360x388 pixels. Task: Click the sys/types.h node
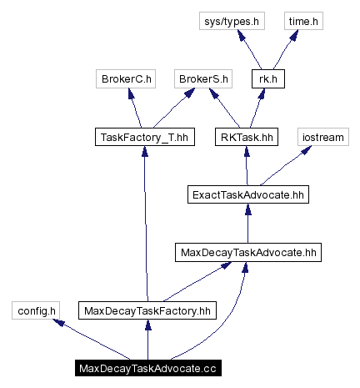tap(232, 22)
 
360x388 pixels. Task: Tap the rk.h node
tap(267, 80)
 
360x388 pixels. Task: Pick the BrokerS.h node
tap(202, 80)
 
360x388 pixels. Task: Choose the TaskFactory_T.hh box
tap(145, 137)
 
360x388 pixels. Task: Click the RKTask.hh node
tap(246, 137)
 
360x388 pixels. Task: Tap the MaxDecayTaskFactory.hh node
tap(147, 310)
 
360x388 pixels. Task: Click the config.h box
tap(36, 310)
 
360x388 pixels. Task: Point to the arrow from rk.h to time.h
tap(283, 50)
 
